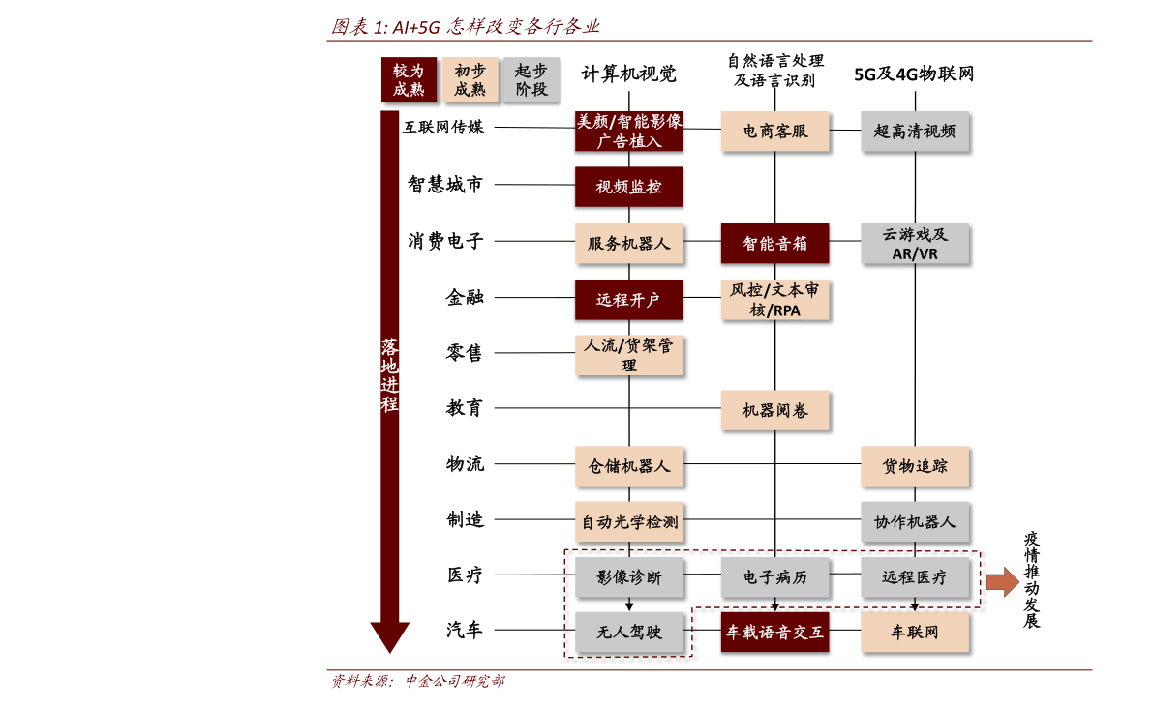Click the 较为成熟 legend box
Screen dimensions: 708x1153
[408, 79]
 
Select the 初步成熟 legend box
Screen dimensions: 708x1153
[470, 79]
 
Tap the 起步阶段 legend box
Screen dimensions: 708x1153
[531, 79]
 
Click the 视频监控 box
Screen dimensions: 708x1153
[629, 187]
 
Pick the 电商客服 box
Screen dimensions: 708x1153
[774, 132]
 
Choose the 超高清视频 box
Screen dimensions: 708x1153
[915, 132]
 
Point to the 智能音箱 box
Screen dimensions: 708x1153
[774, 244]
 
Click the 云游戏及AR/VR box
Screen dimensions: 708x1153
[915, 244]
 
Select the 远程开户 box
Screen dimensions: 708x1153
[629, 300]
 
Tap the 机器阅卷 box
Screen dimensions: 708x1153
[774, 410]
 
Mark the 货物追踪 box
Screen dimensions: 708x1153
[915, 466]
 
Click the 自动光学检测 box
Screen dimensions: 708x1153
[629, 521]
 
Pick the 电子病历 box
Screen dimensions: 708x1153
[774, 577]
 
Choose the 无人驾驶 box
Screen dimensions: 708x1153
[629, 632]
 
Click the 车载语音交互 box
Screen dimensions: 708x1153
[774, 632]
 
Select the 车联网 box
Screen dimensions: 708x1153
[915, 632]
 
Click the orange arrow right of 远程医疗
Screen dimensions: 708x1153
[1002, 581]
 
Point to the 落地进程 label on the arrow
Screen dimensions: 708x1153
[390, 375]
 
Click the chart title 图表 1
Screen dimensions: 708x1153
[466, 27]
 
